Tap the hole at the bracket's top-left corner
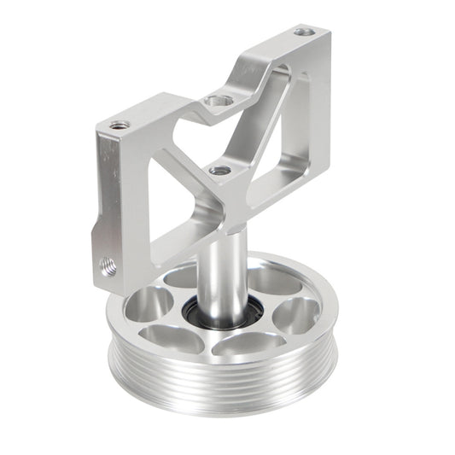pos(120,125)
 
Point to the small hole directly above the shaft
pos(220,170)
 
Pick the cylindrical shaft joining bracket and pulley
pos(226,273)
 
